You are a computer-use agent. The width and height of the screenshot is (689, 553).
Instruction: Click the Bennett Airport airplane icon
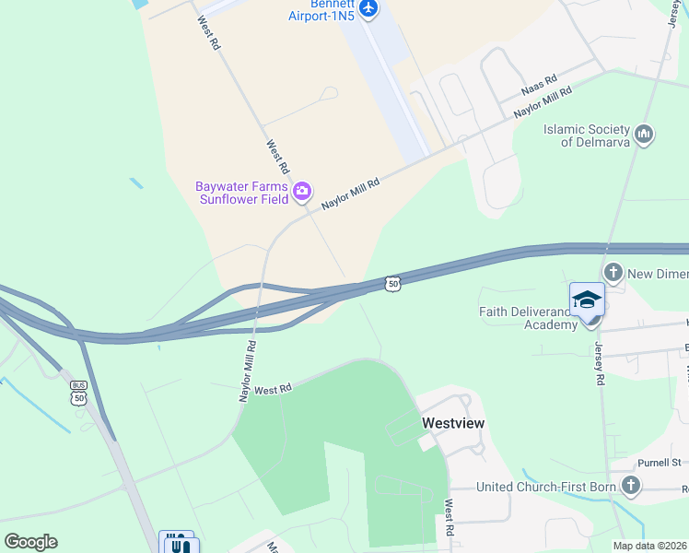[x=368, y=8]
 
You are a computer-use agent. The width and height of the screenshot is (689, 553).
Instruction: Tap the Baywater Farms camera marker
[x=302, y=193]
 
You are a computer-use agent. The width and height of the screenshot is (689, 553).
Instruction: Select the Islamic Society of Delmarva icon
[x=644, y=135]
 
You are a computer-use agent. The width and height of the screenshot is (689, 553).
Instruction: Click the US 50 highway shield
[x=393, y=284]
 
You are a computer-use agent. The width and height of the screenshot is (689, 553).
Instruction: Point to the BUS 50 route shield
[x=78, y=392]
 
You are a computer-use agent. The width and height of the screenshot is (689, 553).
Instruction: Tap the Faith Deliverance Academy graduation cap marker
[x=587, y=301]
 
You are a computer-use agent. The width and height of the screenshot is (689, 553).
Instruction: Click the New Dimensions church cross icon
[x=613, y=273]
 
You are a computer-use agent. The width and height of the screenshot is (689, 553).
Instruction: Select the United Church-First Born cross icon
[x=631, y=486]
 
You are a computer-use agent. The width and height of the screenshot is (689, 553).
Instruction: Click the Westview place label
[x=453, y=422]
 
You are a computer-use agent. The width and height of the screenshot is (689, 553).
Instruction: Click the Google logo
[x=30, y=542]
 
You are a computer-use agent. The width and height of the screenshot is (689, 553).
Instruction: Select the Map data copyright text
[x=650, y=546]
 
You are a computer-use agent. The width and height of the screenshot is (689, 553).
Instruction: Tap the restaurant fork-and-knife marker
[x=178, y=544]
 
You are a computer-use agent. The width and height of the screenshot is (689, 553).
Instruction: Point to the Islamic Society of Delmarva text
[x=586, y=135]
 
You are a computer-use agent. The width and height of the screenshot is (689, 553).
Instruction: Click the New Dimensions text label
[x=658, y=274]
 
